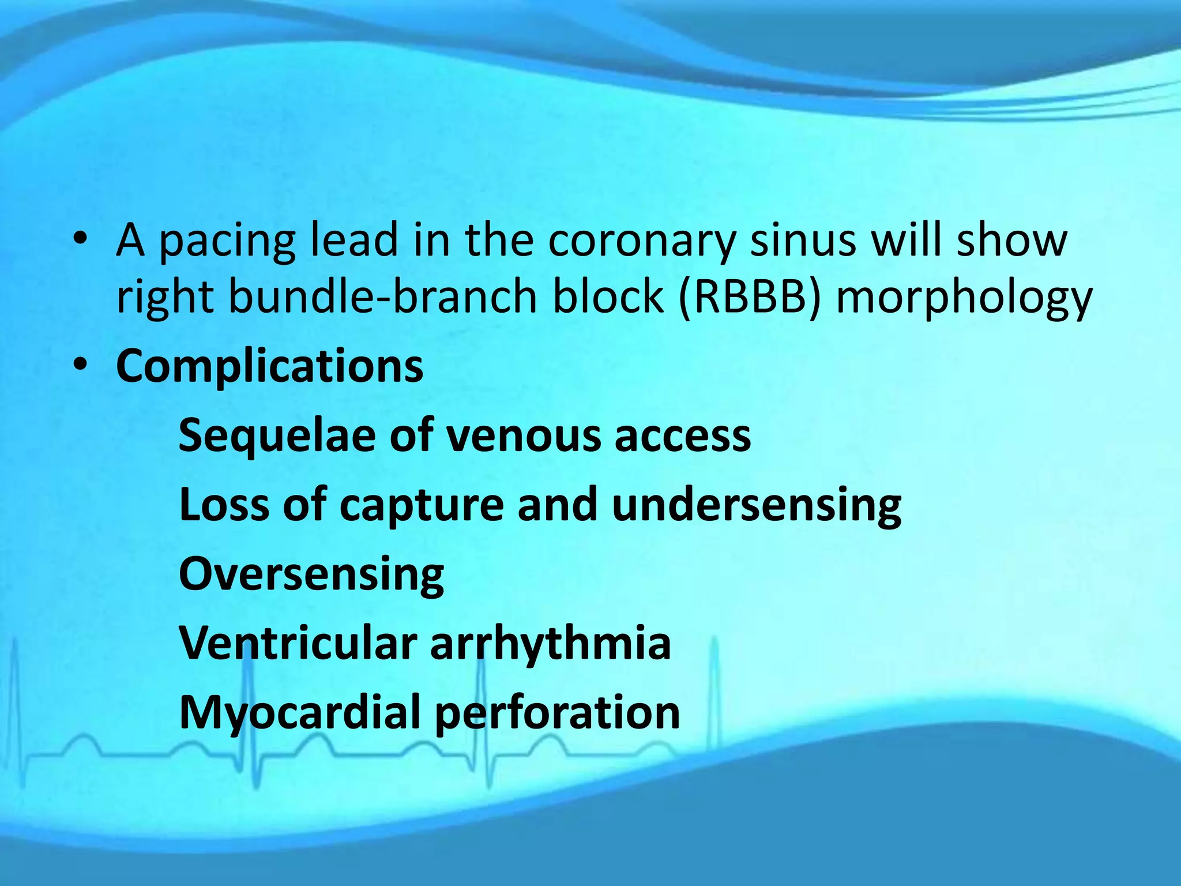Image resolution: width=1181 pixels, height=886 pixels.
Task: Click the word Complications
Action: coord(269,366)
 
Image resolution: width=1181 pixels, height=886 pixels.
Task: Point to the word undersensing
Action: coord(756,505)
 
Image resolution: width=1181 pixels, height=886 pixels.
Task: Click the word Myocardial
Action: coord(299,714)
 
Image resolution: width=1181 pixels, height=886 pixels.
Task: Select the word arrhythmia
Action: coord(551,643)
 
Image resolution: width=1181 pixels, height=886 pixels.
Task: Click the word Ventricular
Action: coord(298,643)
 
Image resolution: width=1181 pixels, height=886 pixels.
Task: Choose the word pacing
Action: coord(227,242)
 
